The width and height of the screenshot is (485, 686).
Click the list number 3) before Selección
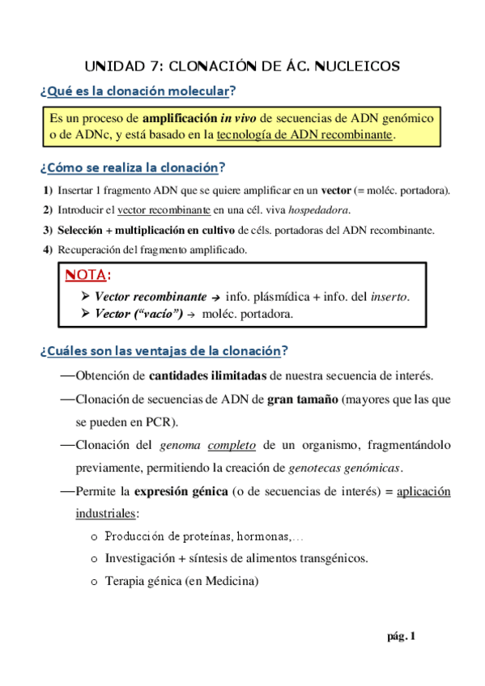point(48,230)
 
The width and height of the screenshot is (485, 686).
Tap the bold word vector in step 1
point(336,190)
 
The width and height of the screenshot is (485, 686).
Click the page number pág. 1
point(402,637)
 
